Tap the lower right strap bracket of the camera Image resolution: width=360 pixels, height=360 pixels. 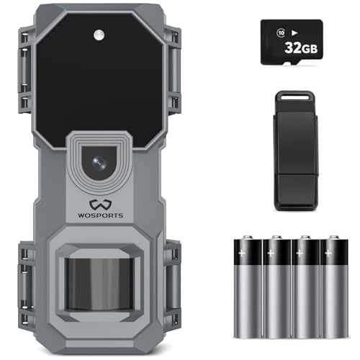170,277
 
